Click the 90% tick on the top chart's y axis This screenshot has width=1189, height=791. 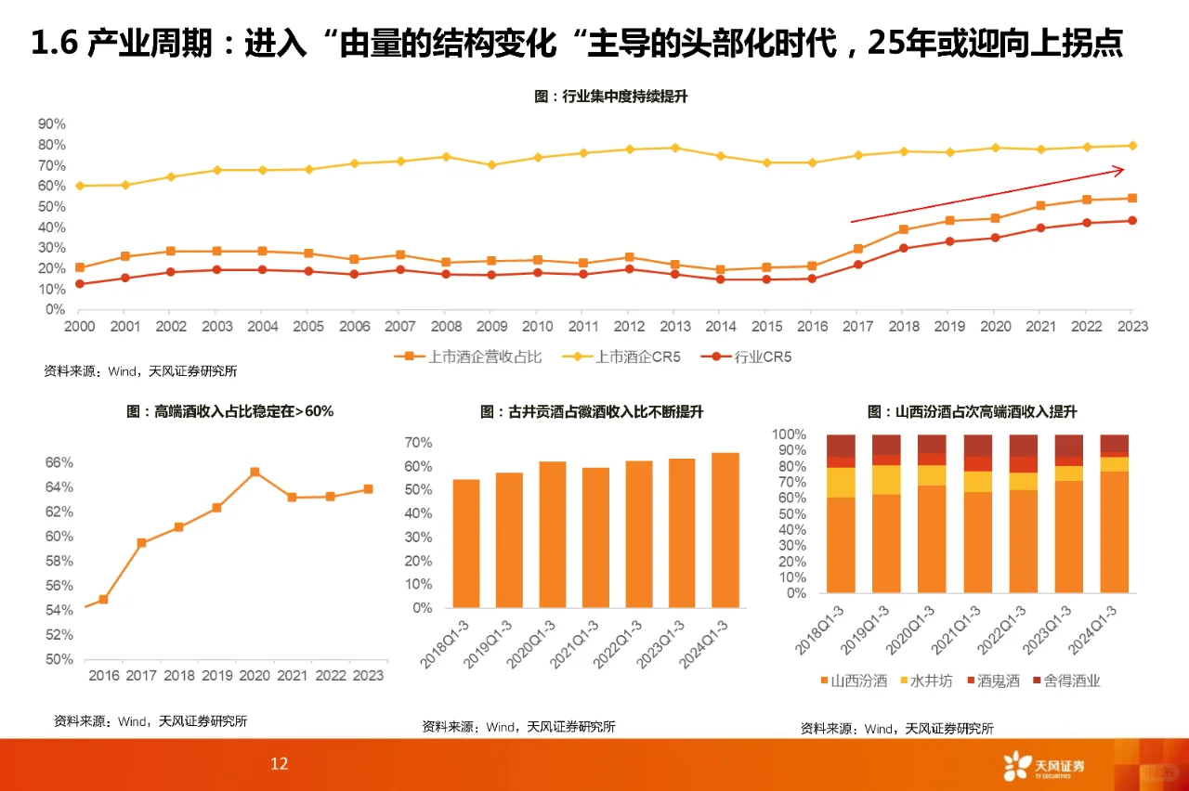click(51, 123)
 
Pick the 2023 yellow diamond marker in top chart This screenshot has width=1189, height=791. click(1131, 145)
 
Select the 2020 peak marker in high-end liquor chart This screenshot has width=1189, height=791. click(255, 472)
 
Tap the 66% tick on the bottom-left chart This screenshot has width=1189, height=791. click(59, 462)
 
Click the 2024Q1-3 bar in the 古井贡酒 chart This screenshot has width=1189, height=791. click(725, 530)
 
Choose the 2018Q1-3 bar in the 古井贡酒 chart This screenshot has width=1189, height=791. click(465, 543)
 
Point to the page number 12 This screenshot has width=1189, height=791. click(279, 764)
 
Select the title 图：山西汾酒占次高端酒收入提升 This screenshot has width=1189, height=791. click(972, 412)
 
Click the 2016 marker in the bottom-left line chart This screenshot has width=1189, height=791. click(103, 599)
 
